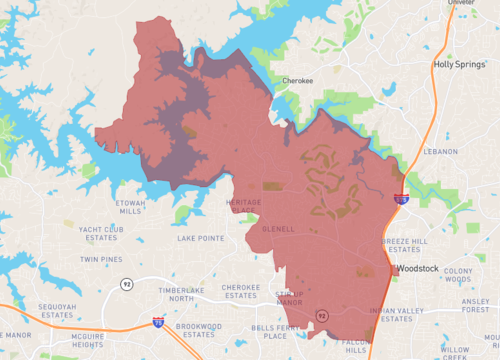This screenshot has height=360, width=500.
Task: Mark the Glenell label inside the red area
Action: coord(277,229)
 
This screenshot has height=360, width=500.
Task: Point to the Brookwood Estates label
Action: coord(197,331)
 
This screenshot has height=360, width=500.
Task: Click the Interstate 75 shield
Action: coord(158,322)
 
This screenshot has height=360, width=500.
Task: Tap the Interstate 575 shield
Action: coord(400,200)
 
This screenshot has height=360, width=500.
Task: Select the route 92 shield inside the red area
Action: coord(322,316)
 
